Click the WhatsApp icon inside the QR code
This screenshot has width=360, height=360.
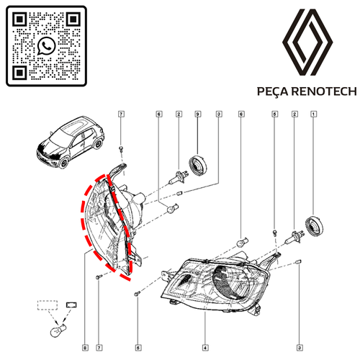click(x=46, y=46)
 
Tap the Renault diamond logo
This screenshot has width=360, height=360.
click(x=307, y=42)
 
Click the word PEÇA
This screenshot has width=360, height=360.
click(x=273, y=91)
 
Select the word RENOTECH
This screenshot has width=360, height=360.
click(x=325, y=91)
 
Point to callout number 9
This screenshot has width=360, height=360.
click(x=198, y=114)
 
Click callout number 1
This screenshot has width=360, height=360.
click(x=313, y=114)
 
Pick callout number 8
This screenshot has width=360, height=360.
click(x=85, y=348)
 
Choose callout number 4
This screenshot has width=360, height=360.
click(x=205, y=348)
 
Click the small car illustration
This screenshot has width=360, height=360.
click(x=71, y=142)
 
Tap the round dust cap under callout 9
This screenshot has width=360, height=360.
click(x=198, y=165)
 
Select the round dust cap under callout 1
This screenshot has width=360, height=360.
click(x=314, y=225)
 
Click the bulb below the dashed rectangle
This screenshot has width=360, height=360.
click(x=58, y=330)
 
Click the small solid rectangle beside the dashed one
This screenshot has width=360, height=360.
click(x=71, y=305)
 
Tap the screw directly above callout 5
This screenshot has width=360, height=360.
click(x=137, y=293)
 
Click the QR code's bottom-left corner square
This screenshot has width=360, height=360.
click(x=19, y=72)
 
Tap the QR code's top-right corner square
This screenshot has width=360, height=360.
click(x=73, y=19)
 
